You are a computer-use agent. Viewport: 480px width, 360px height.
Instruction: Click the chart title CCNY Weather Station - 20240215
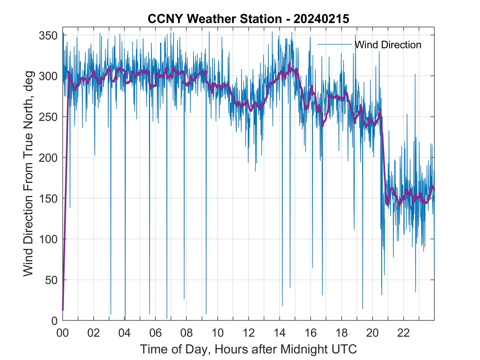[248, 19]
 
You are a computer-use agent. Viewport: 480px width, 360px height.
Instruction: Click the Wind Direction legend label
[388, 45]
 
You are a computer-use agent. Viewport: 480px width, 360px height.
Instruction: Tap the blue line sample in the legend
[335, 44]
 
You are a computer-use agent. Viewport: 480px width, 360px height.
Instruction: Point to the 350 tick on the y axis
[48, 35]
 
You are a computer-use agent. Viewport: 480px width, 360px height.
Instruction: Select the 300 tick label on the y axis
[48, 76]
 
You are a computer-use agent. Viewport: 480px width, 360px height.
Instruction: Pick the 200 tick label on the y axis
[48, 158]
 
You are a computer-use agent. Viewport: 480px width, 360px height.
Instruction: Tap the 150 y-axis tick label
[48, 199]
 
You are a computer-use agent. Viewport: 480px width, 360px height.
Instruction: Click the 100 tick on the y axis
[48, 239]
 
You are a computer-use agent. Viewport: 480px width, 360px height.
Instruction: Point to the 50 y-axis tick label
[51, 280]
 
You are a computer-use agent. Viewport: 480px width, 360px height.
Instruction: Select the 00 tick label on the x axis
[63, 333]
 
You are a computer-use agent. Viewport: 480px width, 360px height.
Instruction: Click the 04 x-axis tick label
[125, 333]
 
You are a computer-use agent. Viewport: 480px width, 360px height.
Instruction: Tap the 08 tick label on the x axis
[187, 333]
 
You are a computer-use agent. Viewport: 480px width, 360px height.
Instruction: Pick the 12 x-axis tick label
[249, 333]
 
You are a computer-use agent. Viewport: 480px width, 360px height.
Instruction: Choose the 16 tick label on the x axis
[310, 333]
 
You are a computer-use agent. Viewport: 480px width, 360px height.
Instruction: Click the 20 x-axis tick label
[372, 333]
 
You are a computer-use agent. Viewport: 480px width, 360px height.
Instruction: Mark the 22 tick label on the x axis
[403, 333]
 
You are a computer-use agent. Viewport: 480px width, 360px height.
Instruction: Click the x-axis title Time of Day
[248, 349]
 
